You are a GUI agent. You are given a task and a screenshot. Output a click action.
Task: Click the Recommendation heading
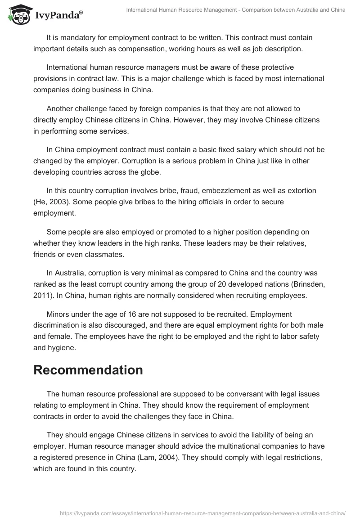coord(88,370)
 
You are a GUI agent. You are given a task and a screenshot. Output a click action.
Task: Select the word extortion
coord(306,191)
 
